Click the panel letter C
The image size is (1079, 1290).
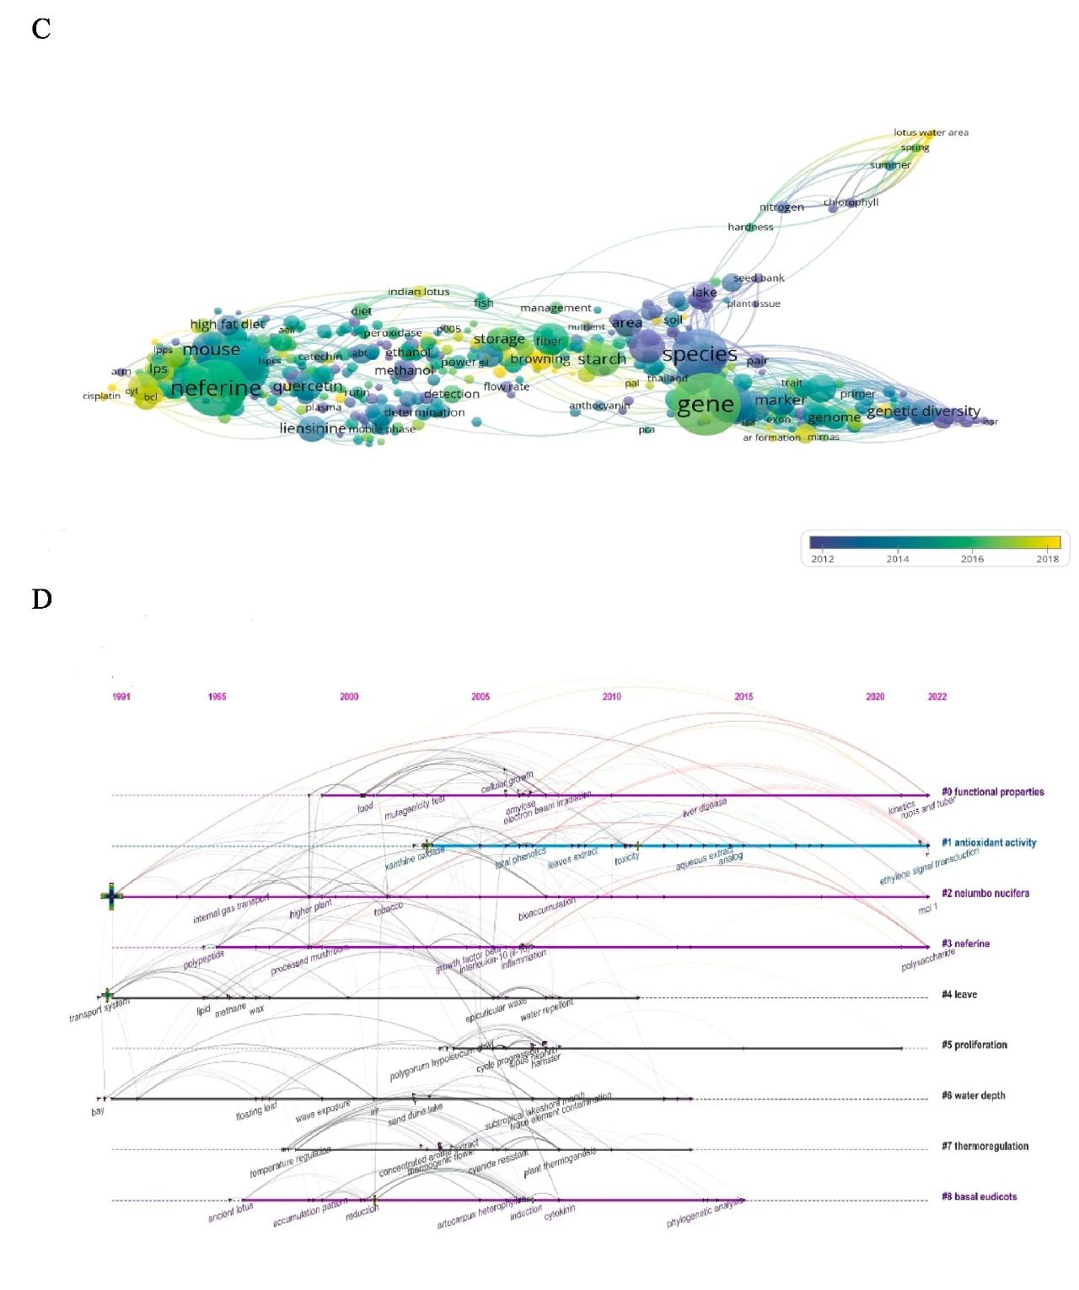click(x=41, y=30)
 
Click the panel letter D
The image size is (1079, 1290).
click(x=41, y=599)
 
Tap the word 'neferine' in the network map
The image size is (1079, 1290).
click(x=216, y=389)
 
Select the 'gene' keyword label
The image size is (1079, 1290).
click(x=706, y=405)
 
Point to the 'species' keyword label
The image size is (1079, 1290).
click(x=700, y=354)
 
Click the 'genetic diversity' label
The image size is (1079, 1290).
click(x=923, y=411)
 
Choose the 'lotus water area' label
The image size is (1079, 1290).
click(x=931, y=132)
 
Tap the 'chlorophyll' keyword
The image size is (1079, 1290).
click(x=851, y=202)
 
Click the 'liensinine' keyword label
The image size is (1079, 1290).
click(x=312, y=428)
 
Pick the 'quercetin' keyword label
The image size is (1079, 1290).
click(x=308, y=387)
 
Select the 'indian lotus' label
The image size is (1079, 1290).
click(x=418, y=292)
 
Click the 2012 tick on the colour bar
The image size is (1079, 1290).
click(x=822, y=558)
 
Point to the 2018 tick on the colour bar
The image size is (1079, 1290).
click(x=1047, y=558)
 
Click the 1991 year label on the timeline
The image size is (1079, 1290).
click(x=121, y=696)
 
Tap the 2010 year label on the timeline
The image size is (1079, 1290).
click(x=612, y=696)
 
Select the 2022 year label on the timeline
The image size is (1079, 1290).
click(x=937, y=696)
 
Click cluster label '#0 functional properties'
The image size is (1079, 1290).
click(x=993, y=793)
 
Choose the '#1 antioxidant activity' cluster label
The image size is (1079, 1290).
click(x=989, y=843)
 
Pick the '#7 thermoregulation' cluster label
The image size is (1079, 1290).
click(x=985, y=1147)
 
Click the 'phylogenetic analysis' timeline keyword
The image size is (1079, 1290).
click(x=706, y=1212)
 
